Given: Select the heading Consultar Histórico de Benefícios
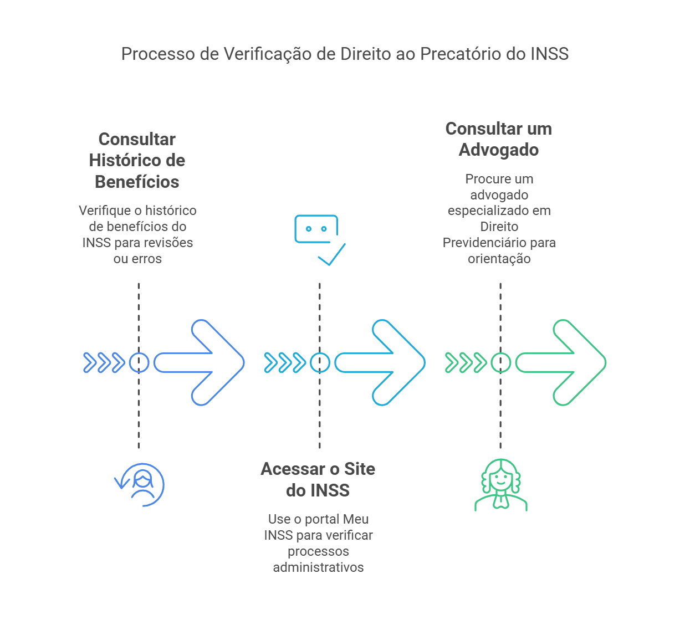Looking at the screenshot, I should (137, 160).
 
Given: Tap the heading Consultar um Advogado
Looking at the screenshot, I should (499, 139).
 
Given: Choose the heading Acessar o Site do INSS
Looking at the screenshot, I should (318, 479).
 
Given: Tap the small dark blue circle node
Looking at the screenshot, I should (139, 362).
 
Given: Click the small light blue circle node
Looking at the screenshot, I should (320, 362).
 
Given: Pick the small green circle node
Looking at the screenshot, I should (500, 362).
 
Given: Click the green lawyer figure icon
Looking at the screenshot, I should (501, 485).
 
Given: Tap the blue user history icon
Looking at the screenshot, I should (140, 485).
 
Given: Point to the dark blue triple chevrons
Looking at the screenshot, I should (104, 362).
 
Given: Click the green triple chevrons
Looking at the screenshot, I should (466, 362).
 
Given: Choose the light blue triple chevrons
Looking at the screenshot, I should (285, 362).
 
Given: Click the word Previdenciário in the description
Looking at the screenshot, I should (478, 243).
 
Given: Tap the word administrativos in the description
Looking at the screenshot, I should (318, 567).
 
